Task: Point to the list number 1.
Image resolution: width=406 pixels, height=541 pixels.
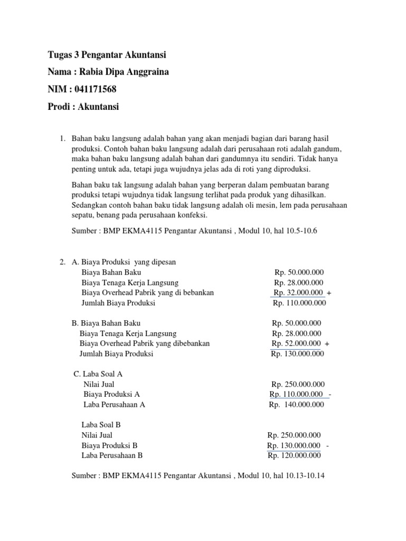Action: coord(62,138)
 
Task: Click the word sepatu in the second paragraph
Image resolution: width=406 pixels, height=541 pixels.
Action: coord(82,216)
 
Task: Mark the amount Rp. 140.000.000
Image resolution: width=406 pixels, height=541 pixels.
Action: coord(297,405)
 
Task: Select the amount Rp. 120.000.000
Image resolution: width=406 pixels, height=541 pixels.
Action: coord(294,455)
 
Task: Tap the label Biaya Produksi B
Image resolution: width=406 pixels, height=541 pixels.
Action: coord(109,445)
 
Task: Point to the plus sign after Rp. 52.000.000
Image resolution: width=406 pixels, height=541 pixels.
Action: coord(328,344)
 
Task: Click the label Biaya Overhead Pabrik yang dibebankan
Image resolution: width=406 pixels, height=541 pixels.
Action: coord(144,343)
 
